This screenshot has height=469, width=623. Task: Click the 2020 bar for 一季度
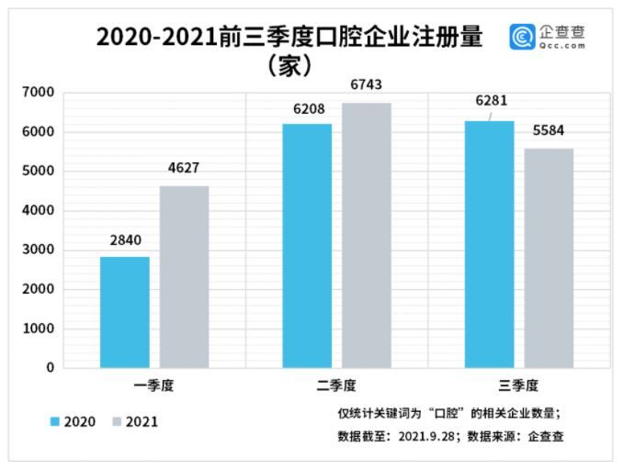(x=124, y=312)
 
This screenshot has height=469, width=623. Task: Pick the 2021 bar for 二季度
(x=367, y=235)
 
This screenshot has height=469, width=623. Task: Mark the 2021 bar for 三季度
(x=549, y=258)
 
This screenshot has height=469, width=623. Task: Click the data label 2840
(x=125, y=241)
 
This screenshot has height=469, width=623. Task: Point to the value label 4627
(x=184, y=169)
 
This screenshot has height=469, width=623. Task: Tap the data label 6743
(x=366, y=85)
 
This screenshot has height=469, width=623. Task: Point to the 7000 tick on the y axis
(x=39, y=93)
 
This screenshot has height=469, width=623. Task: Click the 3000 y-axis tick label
(x=39, y=250)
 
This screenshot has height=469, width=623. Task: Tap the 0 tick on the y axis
(x=51, y=368)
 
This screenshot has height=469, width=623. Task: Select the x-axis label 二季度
(x=336, y=385)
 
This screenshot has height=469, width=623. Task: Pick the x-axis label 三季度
(x=518, y=385)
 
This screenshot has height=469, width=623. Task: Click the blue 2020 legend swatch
(x=56, y=421)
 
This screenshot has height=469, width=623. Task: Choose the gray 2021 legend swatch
(x=117, y=421)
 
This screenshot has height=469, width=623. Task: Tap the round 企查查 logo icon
(x=523, y=37)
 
